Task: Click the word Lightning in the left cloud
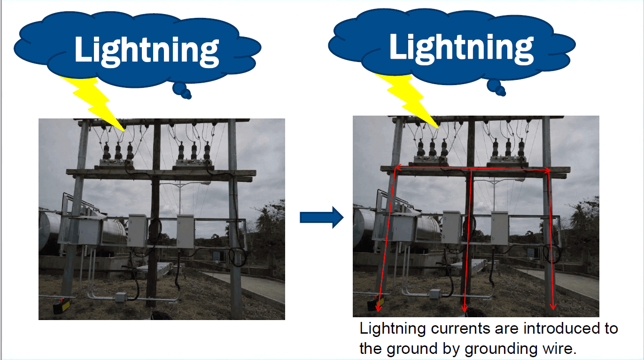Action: [x=147, y=50]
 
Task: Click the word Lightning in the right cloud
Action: [x=461, y=47]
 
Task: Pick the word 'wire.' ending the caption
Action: [x=561, y=348]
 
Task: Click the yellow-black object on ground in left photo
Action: [x=62, y=307]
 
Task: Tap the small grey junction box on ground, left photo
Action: [x=121, y=297]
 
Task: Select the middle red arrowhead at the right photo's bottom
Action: [x=465, y=308]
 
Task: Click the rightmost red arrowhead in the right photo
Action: [x=553, y=307]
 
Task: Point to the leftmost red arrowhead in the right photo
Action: [x=379, y=307]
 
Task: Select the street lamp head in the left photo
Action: [x=205, y=183]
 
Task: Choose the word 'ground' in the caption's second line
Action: [x=414, y=349]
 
